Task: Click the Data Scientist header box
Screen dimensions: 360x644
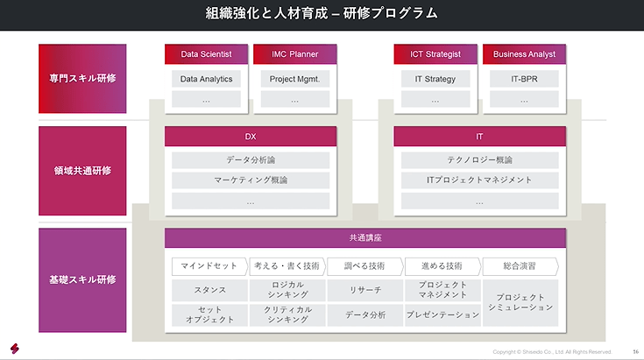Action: [206, 54]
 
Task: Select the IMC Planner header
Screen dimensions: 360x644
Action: [294, 54]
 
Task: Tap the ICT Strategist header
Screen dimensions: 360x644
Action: [435, 54]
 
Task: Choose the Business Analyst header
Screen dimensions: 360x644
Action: [524, 54]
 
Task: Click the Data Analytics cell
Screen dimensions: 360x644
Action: [206, 79]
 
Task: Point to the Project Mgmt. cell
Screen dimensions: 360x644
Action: [294, 79]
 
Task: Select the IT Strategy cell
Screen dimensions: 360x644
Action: [435, 79]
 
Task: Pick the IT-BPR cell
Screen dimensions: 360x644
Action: [524, 79]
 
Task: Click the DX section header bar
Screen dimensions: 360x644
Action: [251, 137]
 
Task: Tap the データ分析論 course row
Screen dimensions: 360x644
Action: [251, 160]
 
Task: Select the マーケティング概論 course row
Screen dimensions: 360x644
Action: [251, 180]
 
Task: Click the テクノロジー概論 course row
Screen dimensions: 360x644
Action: [479, 160]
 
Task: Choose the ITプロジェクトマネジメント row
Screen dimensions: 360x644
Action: [479, 180]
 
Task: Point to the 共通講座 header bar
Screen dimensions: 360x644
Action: [364, 238]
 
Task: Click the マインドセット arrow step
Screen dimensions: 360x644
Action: [209, 265]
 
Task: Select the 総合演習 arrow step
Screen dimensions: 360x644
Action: [520, 265]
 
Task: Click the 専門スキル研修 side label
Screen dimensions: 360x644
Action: [82, 78]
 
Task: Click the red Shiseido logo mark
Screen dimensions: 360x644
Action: [16, 347]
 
